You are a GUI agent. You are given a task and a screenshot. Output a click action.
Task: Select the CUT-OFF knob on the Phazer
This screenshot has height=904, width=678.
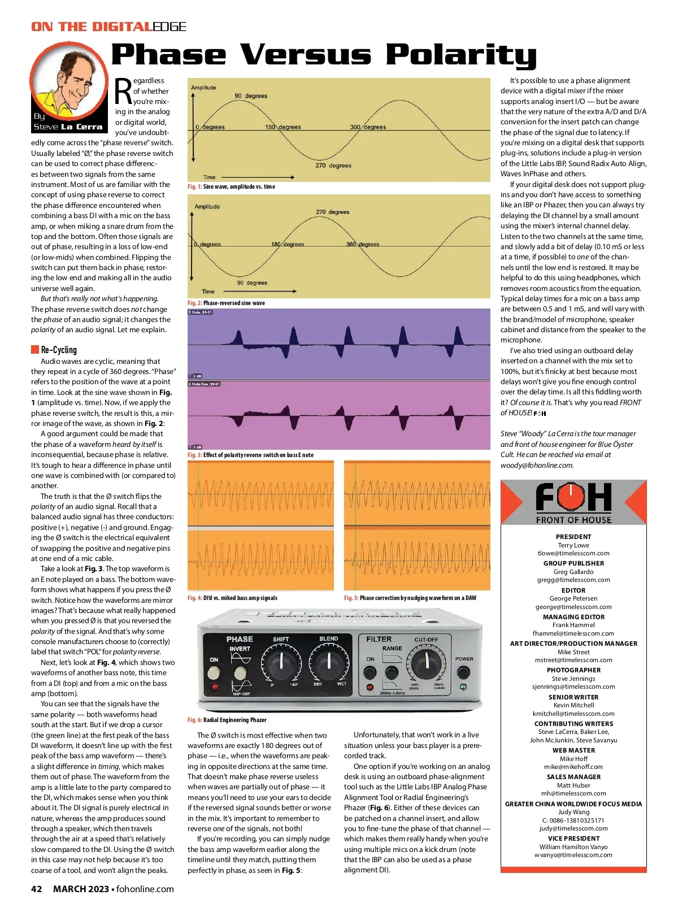tap(427, 664)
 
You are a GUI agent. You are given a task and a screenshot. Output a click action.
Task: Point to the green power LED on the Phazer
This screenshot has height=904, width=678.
tap(463, 687)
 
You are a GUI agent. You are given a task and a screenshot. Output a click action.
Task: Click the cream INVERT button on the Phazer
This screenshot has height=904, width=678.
tap(240, 672)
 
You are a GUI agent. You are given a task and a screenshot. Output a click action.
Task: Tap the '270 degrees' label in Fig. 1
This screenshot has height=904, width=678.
tap(333, 166)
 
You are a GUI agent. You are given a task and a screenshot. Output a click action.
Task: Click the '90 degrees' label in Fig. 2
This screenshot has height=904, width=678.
tap(252, 282)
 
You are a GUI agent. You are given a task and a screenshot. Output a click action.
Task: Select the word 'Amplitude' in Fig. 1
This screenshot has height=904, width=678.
tap(203, 88)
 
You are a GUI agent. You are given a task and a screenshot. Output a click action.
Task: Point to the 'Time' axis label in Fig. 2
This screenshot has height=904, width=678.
tap(208, 292)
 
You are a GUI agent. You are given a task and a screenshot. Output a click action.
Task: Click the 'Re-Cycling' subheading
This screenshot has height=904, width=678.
tap(59, 350)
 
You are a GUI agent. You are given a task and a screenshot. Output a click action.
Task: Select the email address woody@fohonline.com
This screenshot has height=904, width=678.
tap(537, 465)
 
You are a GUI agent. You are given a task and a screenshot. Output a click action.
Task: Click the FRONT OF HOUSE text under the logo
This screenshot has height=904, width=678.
tap(573, 520)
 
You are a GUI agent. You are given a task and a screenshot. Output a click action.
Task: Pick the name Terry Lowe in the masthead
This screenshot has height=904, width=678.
tap(573, 545)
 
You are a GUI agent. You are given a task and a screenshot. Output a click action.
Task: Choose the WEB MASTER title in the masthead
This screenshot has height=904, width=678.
tap(573, 750)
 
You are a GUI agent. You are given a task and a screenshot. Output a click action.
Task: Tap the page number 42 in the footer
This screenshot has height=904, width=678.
tap(36, 889)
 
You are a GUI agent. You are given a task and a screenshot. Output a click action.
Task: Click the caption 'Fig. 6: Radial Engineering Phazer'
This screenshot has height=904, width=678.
tap(227, 720)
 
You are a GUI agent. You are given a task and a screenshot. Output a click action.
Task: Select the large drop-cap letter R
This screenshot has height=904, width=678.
tap(123, 92)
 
